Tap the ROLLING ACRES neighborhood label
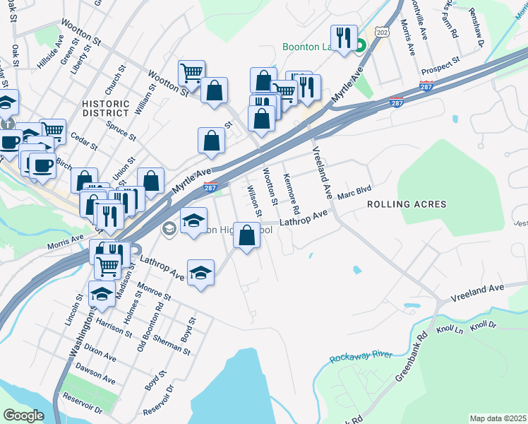pos(406,204)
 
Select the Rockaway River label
pos(361,355)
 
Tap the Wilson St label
pos(253,201)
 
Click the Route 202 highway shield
pos(382,33)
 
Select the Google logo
pos(23,415)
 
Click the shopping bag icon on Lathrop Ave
pos(246,236)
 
